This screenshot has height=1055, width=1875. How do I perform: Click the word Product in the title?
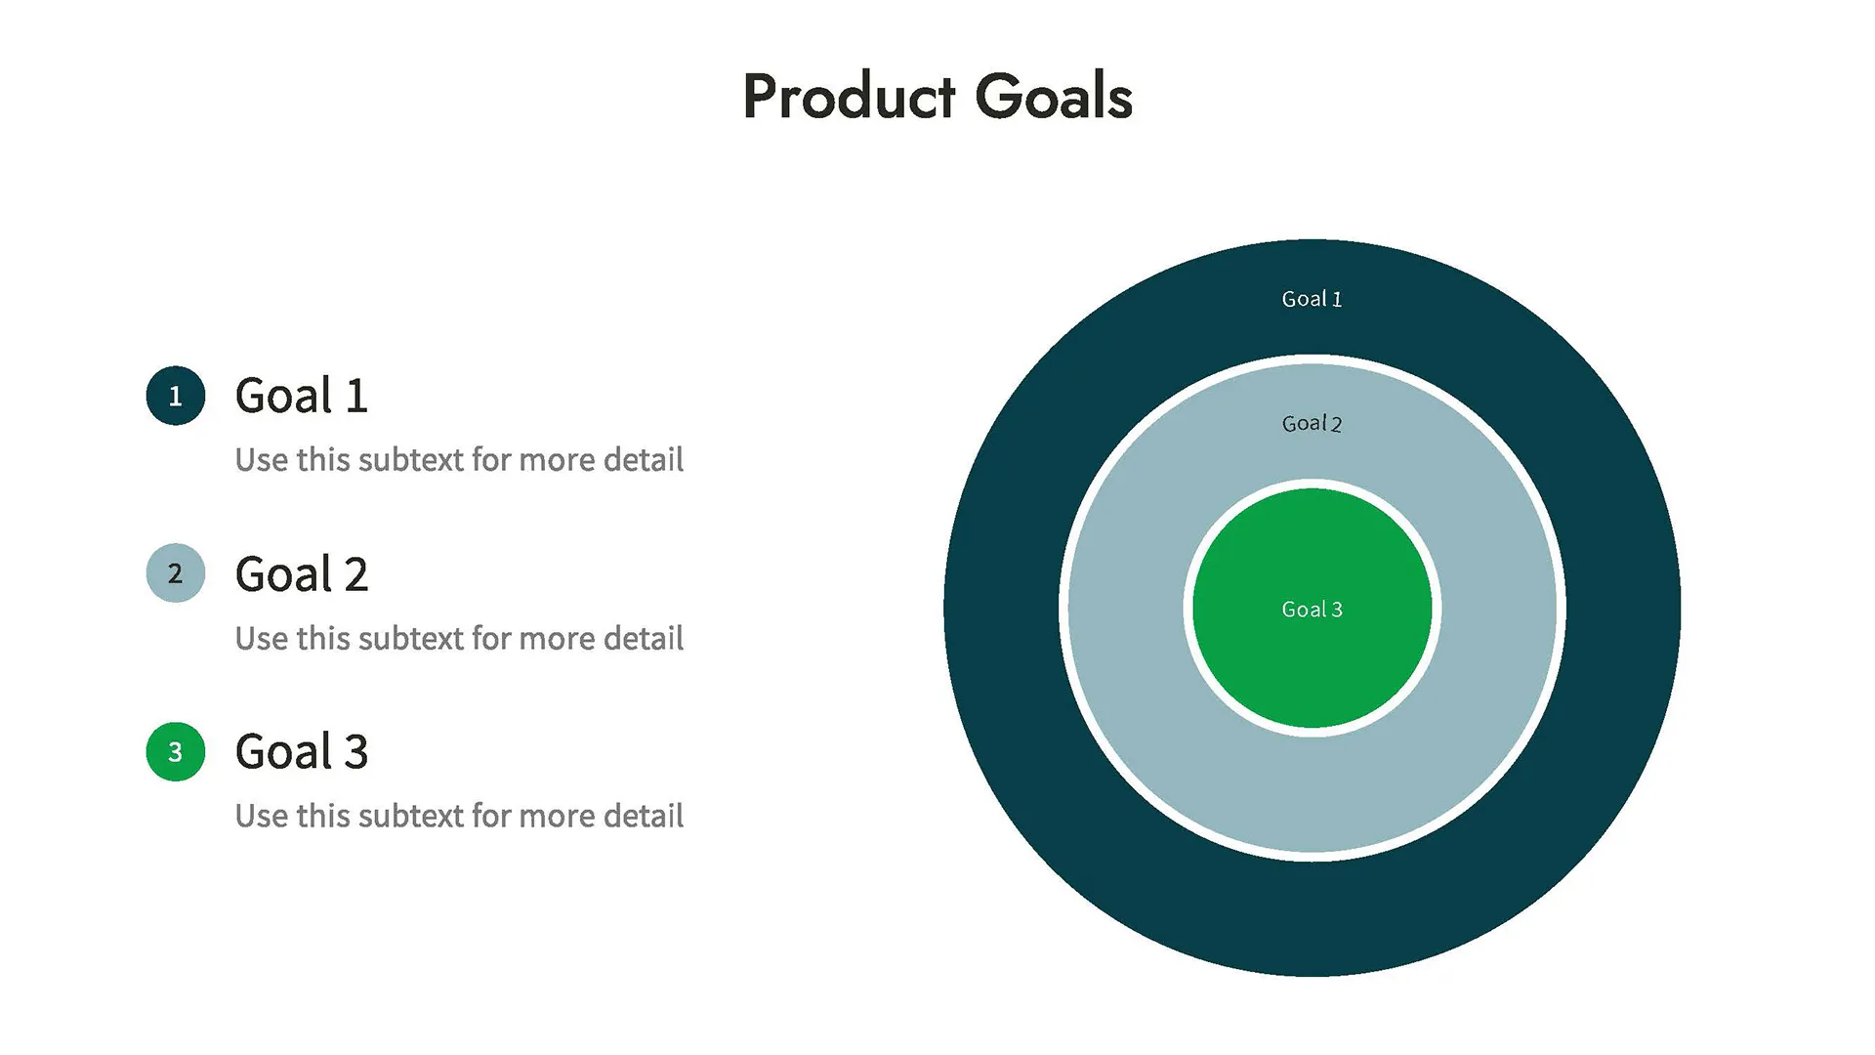click(849, 97)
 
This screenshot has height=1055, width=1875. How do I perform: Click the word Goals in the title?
click(1054, 97)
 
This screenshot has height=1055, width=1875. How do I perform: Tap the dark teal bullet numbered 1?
click(176, 396)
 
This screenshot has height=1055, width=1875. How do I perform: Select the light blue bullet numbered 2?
click(176, 573)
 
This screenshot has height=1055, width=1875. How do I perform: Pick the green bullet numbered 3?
click(176, 751)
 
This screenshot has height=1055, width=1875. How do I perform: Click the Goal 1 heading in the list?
click(301, 396)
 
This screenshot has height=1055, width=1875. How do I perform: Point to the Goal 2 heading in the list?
click(301, 574)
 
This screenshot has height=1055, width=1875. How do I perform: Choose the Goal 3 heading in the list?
click(301, 752)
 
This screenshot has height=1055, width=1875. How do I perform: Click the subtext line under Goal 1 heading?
click(459, 459)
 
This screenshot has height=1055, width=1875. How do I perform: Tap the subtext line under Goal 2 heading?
click(459, 638)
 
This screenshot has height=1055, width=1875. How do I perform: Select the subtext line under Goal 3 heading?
click(459, 816)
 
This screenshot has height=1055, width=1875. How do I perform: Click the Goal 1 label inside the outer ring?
click(1312, 299)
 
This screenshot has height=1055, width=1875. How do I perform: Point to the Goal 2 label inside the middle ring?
click(1312, 423)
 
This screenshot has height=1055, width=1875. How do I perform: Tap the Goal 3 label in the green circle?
click(1312, 610)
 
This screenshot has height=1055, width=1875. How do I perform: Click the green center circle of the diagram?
click(1312, 664)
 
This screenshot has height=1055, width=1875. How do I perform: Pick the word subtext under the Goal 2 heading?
click(411, 638)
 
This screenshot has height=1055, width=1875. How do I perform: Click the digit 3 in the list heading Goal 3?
click(355, 752)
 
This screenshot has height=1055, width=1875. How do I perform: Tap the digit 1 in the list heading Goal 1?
click(355, 396)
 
